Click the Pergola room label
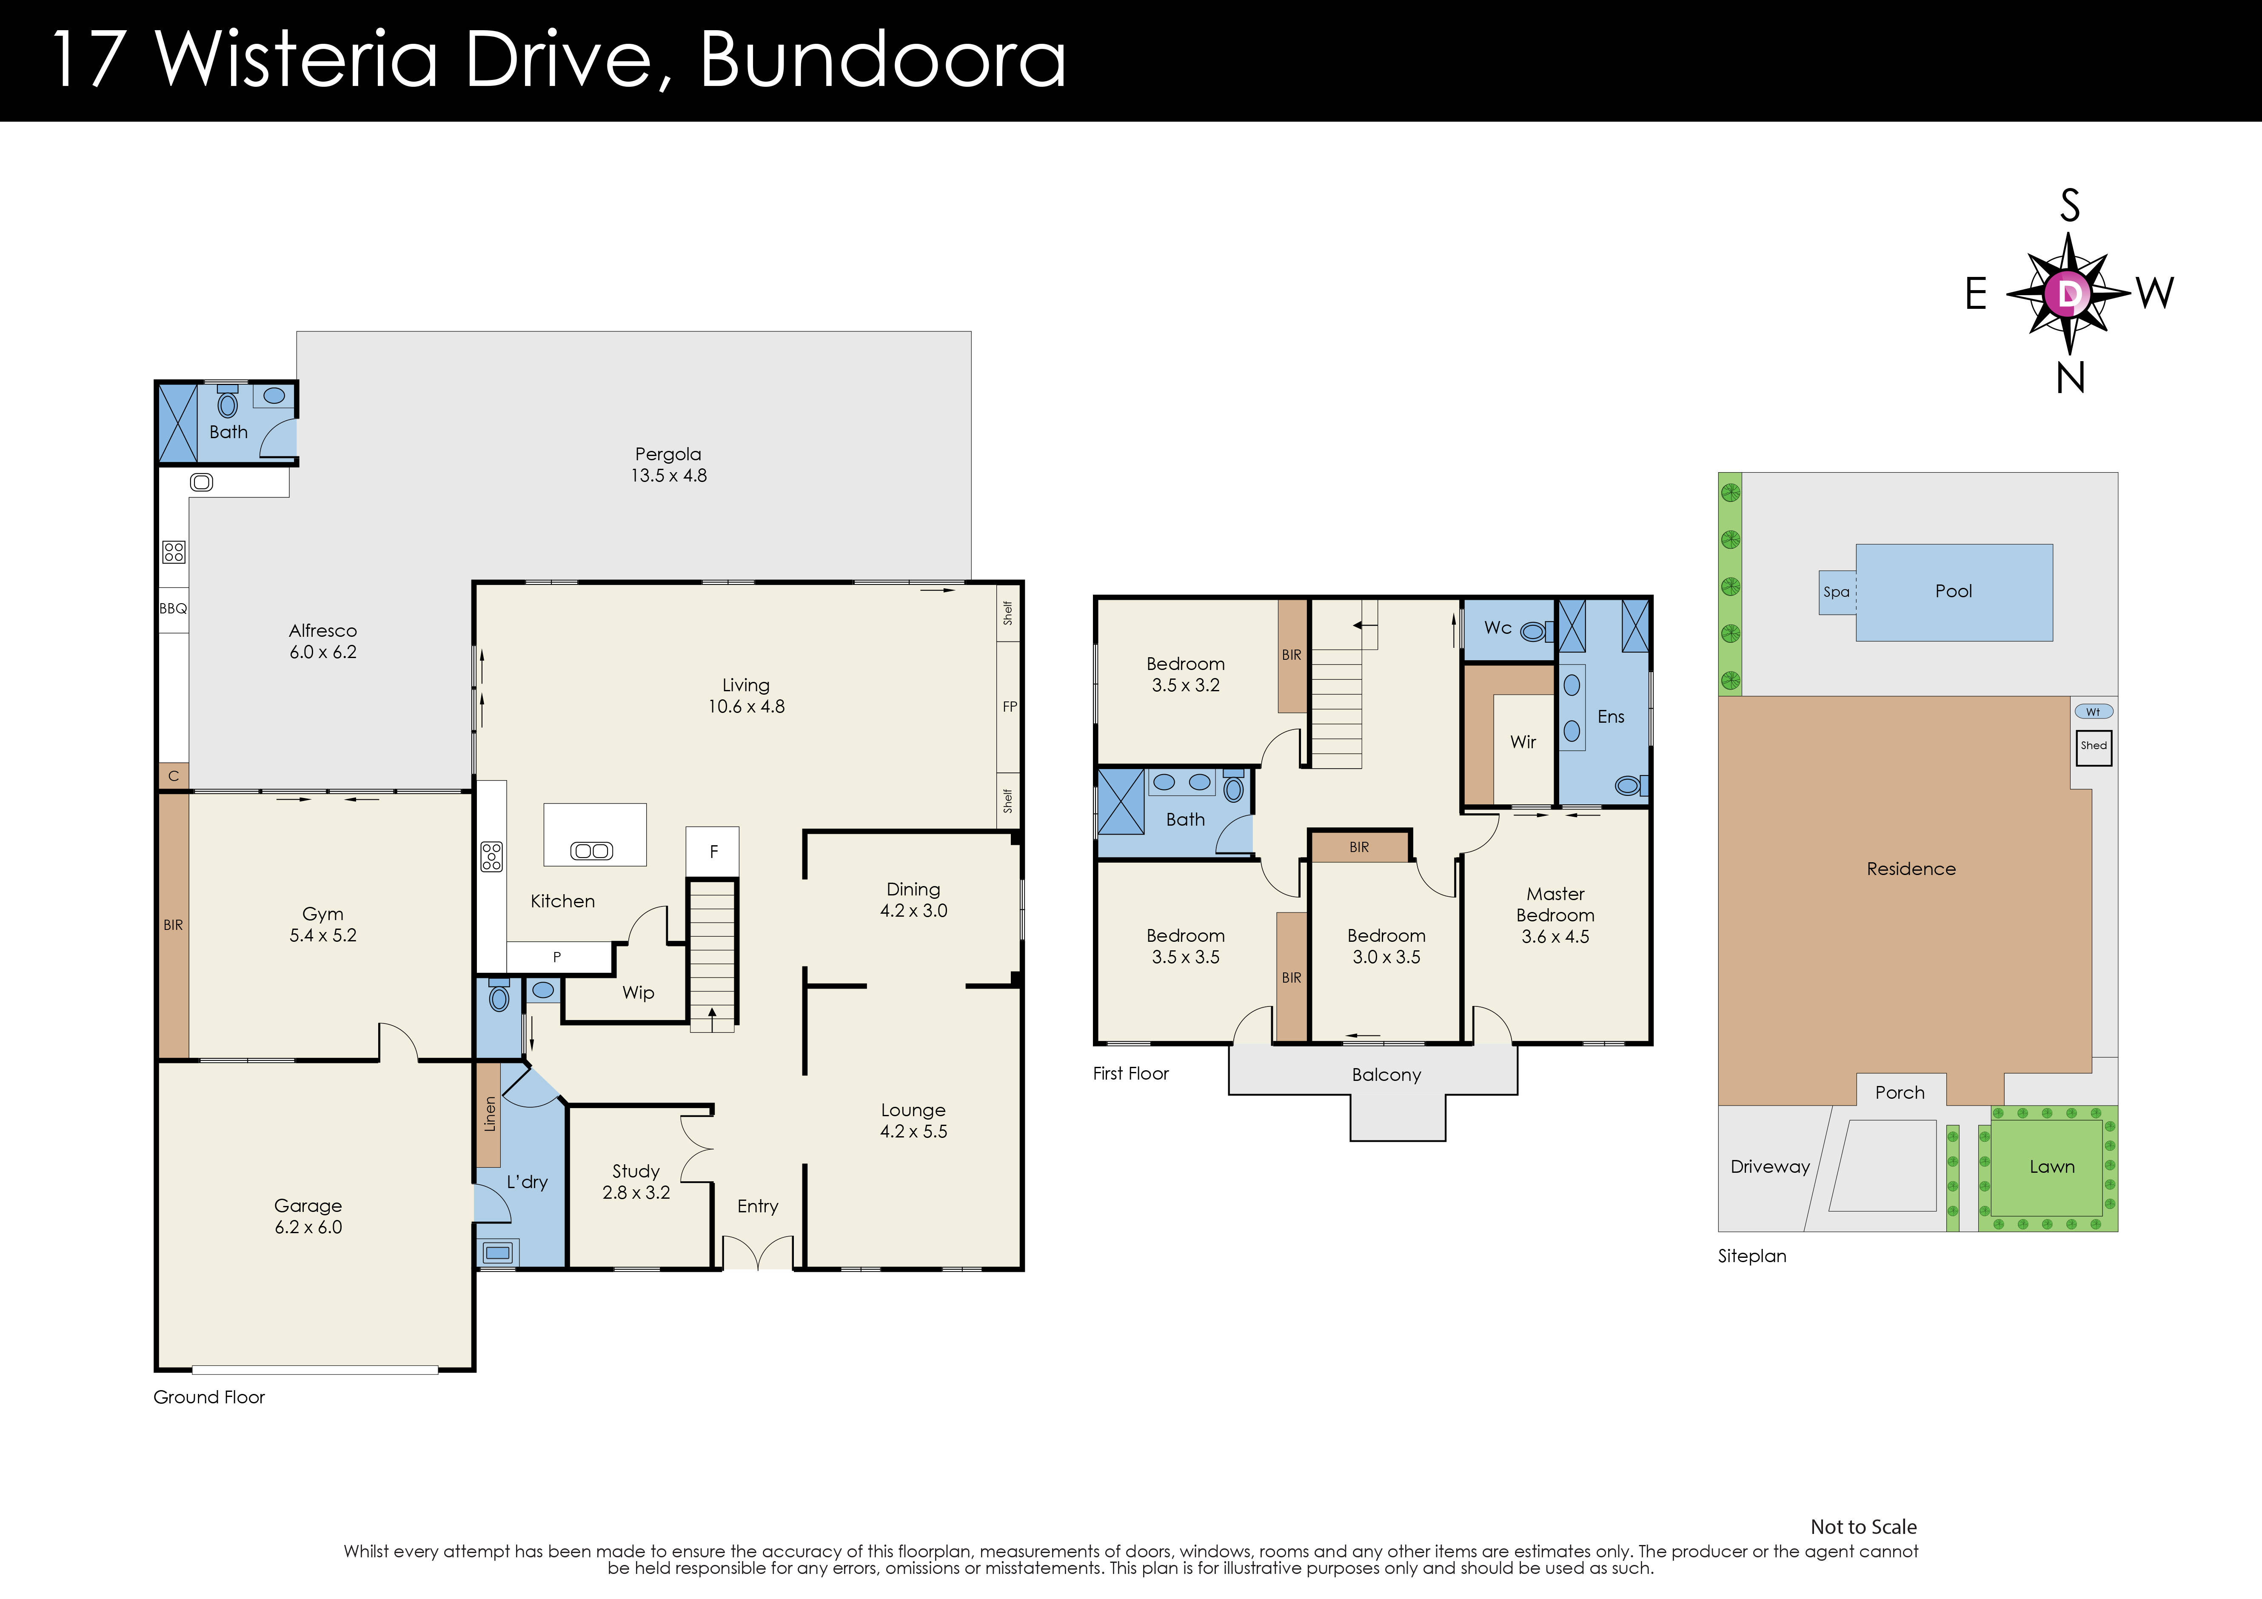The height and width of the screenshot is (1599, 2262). pyautogui.click(x=668, y=454)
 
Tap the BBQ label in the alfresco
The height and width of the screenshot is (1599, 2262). pyautogui.click(x=174, y=609)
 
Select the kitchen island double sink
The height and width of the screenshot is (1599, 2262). pyautogui.click(x=591, y=851)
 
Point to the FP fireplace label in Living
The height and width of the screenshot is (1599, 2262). pyautogui.click(x=1009, y=707)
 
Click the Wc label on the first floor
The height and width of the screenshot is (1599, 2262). pyautogui.click(x=1498, y=627)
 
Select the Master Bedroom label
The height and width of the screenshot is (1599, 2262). pyautogui.click(x=1555, y=904)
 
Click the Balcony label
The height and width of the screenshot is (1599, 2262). pyautogui.click(x=1386, y=1075)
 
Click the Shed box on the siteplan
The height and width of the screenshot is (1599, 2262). pyautogui.click(x=2094, y=746)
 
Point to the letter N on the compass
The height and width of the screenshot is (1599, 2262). pyautogui.click(x=2070, y=378)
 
